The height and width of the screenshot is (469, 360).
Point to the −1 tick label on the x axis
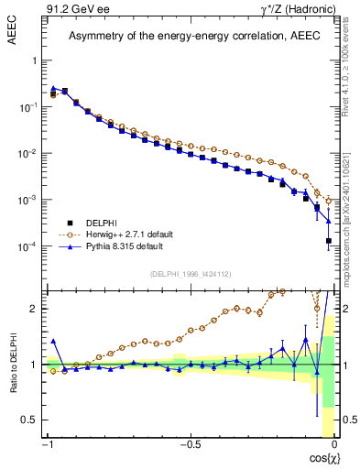click(47, 445)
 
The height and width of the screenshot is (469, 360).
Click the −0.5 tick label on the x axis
click(190, 445)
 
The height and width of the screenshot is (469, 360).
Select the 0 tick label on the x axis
click(335, 445)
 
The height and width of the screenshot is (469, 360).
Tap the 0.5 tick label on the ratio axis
click(28, 420)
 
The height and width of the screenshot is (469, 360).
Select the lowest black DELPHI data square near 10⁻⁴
click(328, 241)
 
